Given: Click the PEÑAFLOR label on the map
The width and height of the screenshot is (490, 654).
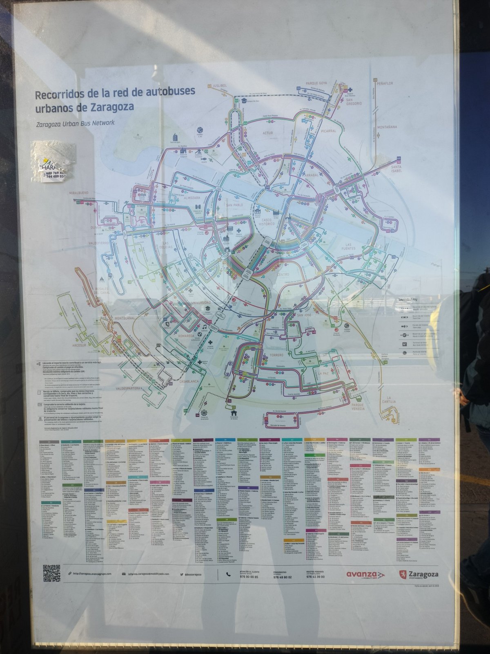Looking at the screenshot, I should pyautogui.click(x=384, y=83).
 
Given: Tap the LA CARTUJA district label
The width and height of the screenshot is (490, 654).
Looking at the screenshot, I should pyautogui.click(x=391, y=399).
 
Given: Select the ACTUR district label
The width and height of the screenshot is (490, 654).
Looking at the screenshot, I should pyautogui.click(x=267, y=133).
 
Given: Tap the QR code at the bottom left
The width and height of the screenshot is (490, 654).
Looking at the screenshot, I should pyautogui.click(x=51, y=573).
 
